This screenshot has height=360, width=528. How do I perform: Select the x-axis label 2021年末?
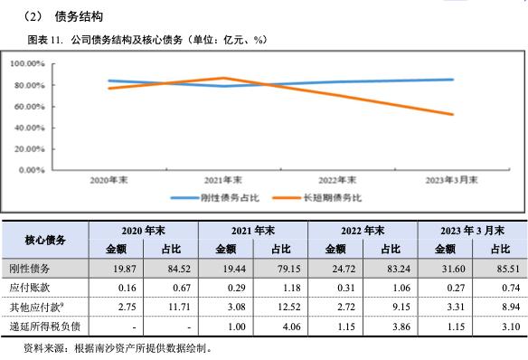223,181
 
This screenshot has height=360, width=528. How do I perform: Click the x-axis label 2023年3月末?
454,181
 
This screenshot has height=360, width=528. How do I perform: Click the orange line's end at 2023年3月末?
453,115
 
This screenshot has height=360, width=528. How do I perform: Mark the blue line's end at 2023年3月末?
453,80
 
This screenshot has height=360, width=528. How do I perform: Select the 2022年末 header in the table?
363,231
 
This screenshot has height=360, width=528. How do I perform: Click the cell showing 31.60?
445,270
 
